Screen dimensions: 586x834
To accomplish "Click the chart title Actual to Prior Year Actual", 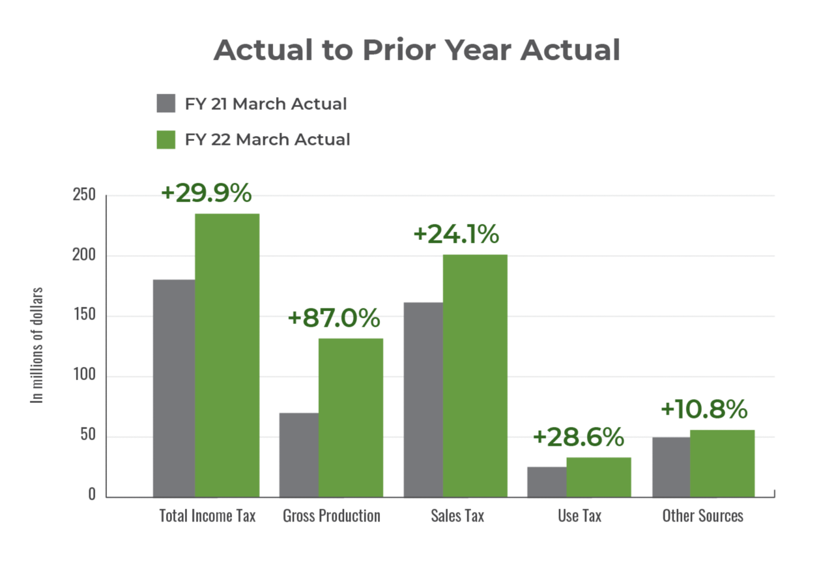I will coord(416,50).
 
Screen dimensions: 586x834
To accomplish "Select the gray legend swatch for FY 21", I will coord(166,104).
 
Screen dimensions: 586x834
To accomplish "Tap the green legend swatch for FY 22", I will coord(166,139).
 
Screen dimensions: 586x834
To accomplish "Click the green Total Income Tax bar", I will coord(227,355).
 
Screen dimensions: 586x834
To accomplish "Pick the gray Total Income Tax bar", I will coord(173,388).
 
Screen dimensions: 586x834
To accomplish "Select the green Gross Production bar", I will coord(351,417).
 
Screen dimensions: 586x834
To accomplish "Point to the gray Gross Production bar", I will coord(298,454).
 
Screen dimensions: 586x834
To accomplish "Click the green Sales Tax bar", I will coord(475,375).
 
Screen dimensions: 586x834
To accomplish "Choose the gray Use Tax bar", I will coord(546,482).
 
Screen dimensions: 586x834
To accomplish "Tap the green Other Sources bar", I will coord(723,463).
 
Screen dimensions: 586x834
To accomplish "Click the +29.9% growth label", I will coord(206,193).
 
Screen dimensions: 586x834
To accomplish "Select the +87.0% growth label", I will coord(334,318).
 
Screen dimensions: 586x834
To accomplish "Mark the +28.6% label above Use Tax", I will coord(579,437).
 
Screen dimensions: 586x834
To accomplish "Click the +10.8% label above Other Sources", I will coord(704,410).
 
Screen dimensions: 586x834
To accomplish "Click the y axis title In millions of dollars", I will coord(38,345).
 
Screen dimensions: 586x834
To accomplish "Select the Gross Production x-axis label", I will coord(332,516).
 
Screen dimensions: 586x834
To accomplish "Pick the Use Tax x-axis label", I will coord(580,516).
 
